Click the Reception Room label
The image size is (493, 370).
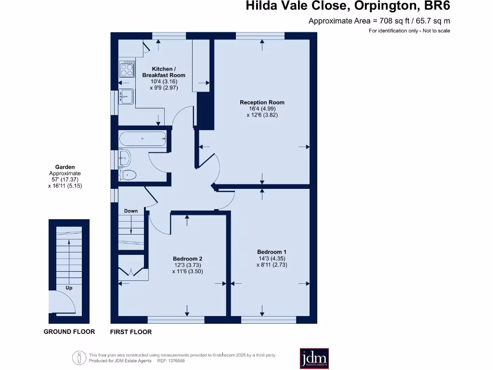[262, 102]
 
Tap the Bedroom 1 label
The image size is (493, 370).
[272, 252]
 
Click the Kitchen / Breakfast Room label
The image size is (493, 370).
[163, 72]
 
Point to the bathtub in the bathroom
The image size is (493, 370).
[143, 139]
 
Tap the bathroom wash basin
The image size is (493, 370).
[124, 157]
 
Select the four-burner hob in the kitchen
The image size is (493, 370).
[127, 68]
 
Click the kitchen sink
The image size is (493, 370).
[126, 96]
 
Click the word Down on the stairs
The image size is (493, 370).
[130, 211]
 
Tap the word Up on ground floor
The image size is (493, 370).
[69, 288]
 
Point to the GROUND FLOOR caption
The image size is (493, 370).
[69, 331]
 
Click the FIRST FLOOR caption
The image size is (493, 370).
[131, 332]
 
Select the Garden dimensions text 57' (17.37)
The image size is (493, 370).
[65, 179]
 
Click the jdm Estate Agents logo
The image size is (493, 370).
[314, 359]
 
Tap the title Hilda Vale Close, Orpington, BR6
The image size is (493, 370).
[348, 7]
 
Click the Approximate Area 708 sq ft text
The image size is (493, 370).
[379, 21]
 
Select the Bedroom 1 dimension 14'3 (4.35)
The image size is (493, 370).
[272, 258]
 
